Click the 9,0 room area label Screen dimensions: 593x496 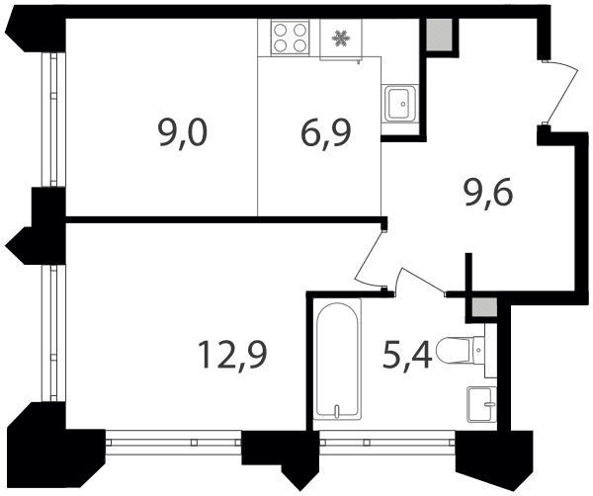(x=183, y=134)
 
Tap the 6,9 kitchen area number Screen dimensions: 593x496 (x=326, y=134)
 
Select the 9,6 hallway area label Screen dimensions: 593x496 (x=488, y=194)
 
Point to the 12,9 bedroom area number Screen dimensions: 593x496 (x=232, y=355)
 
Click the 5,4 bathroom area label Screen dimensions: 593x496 (x=407, y=355)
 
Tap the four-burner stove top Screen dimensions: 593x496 (x=290, y=38)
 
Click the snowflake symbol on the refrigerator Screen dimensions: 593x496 (x=340, y=39)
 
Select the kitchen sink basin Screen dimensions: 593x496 (x=399, y=103)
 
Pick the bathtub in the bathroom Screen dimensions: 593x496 (x=337, y=359)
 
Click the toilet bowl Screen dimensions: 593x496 (x=454, y=351)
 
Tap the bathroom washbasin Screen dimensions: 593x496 (x=481, y=404)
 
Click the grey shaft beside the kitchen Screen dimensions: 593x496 (x=439, y=35)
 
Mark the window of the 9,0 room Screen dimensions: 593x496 (x=53, y=120)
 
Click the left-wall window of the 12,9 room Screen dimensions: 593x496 (x=53, y=333)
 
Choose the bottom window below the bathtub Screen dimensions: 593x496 (x=387, y=442)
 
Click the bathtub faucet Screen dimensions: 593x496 (x=337, y=411)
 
